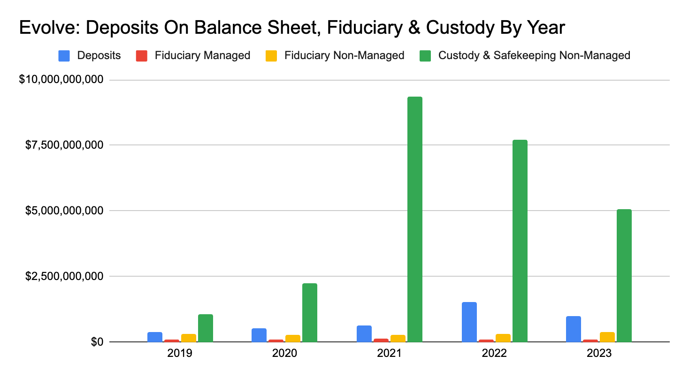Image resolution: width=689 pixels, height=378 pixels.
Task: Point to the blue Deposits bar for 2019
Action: point(154,337)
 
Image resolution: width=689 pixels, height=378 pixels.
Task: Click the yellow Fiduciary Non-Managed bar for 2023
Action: point(607,337)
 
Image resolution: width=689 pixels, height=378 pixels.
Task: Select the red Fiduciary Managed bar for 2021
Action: point(381,340)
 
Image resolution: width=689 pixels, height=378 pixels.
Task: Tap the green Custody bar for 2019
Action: point(205,328)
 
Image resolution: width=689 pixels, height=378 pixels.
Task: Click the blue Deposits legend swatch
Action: point(64,55)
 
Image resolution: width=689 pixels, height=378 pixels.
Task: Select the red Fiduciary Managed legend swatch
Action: point(142,55)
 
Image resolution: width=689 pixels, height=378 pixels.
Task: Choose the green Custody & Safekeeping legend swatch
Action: point(425,55)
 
